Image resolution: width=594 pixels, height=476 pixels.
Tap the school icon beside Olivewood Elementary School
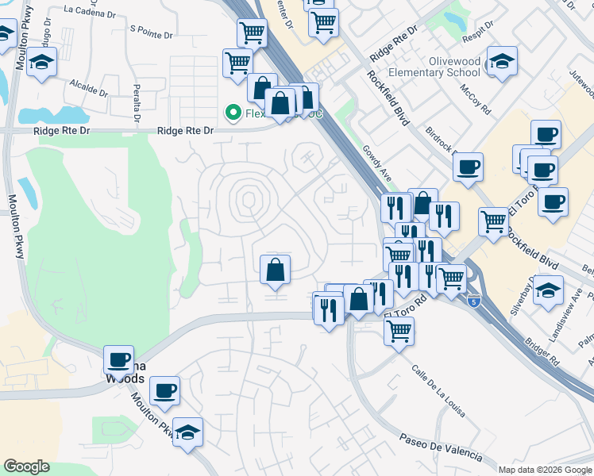[x=502, y=61]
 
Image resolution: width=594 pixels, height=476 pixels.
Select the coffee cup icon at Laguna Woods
[x=118, y=360]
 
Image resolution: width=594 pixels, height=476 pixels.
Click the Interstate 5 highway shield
[x=474, y=301]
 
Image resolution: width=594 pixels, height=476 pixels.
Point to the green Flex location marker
[x=233, y=113]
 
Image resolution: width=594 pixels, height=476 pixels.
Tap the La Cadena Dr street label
[x=93, y=10]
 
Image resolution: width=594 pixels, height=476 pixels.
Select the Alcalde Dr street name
[x=88, y=86]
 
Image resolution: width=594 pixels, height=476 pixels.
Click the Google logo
[x=26, y=466]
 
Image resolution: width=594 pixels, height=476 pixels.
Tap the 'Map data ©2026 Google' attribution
[x=545, y=470]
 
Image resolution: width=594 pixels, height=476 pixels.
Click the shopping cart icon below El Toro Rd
[x=399, y=331]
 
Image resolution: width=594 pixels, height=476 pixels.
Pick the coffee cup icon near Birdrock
[x=468, y=167]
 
